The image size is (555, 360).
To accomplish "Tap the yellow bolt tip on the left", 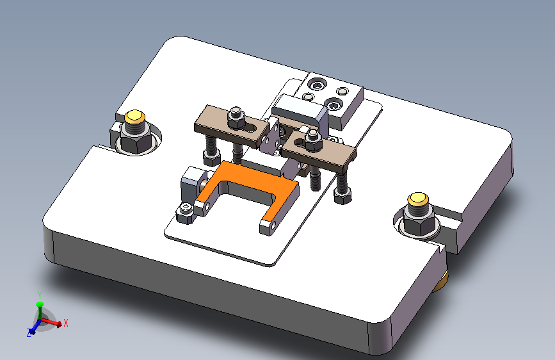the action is pyautogui.click(x=134, y=116).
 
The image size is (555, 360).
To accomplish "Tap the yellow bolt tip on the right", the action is pyautogui.click(x=418, y=199).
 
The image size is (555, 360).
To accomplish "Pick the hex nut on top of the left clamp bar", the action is pyautogui.click(x=236, y=118).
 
